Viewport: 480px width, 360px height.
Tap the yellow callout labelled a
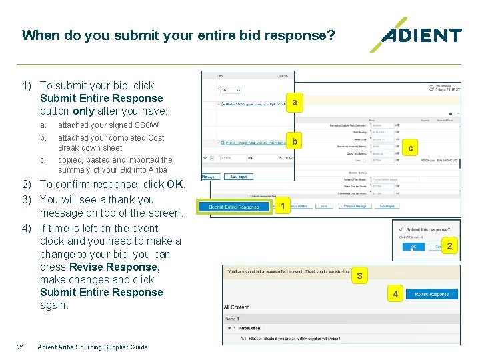pyautogui.click(x=294, y=102)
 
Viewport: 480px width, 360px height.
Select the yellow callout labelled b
pyautogui.click(x=294, y=141)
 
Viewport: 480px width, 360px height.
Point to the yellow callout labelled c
pyautogui.click(x=411, y=148)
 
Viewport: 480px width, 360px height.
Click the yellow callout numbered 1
pyautogui.click(x=283, y=207)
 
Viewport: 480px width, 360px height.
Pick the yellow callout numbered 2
pyautogui.click(x=449, y=247)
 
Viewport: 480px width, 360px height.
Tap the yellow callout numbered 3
pyautogui.click(x=359, y=275)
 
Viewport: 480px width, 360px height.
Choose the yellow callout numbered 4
pyautogui.click(x=396, y=294)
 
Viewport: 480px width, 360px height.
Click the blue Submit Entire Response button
pyautogui.click(x=234, y=207)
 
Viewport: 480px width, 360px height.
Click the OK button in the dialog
pyautogui.click(x=413, y=247)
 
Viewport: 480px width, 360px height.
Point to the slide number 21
pyautogui.click(x=21, y=347)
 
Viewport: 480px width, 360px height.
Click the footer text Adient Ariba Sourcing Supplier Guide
pyautogui.click(x=93, y=347)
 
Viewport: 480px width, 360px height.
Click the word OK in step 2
pyautogui.click(x=175, y=185)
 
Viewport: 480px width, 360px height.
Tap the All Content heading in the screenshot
pyautogui.click(x=237, y=307)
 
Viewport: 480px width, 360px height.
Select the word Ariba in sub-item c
pyautogui.click(x=154, y=170)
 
